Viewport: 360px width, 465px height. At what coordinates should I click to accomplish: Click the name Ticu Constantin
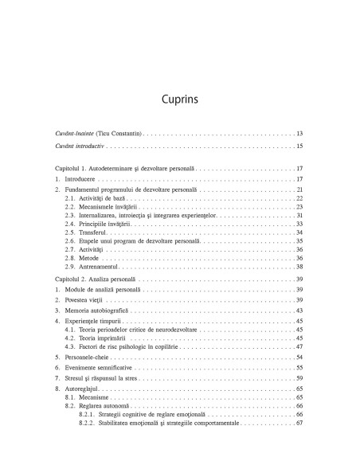tap(117, 133)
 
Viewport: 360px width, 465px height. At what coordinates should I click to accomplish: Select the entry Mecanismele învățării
tap(99, 206)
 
